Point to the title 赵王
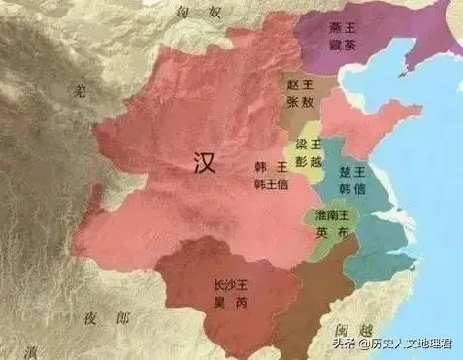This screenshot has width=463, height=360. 298,84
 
